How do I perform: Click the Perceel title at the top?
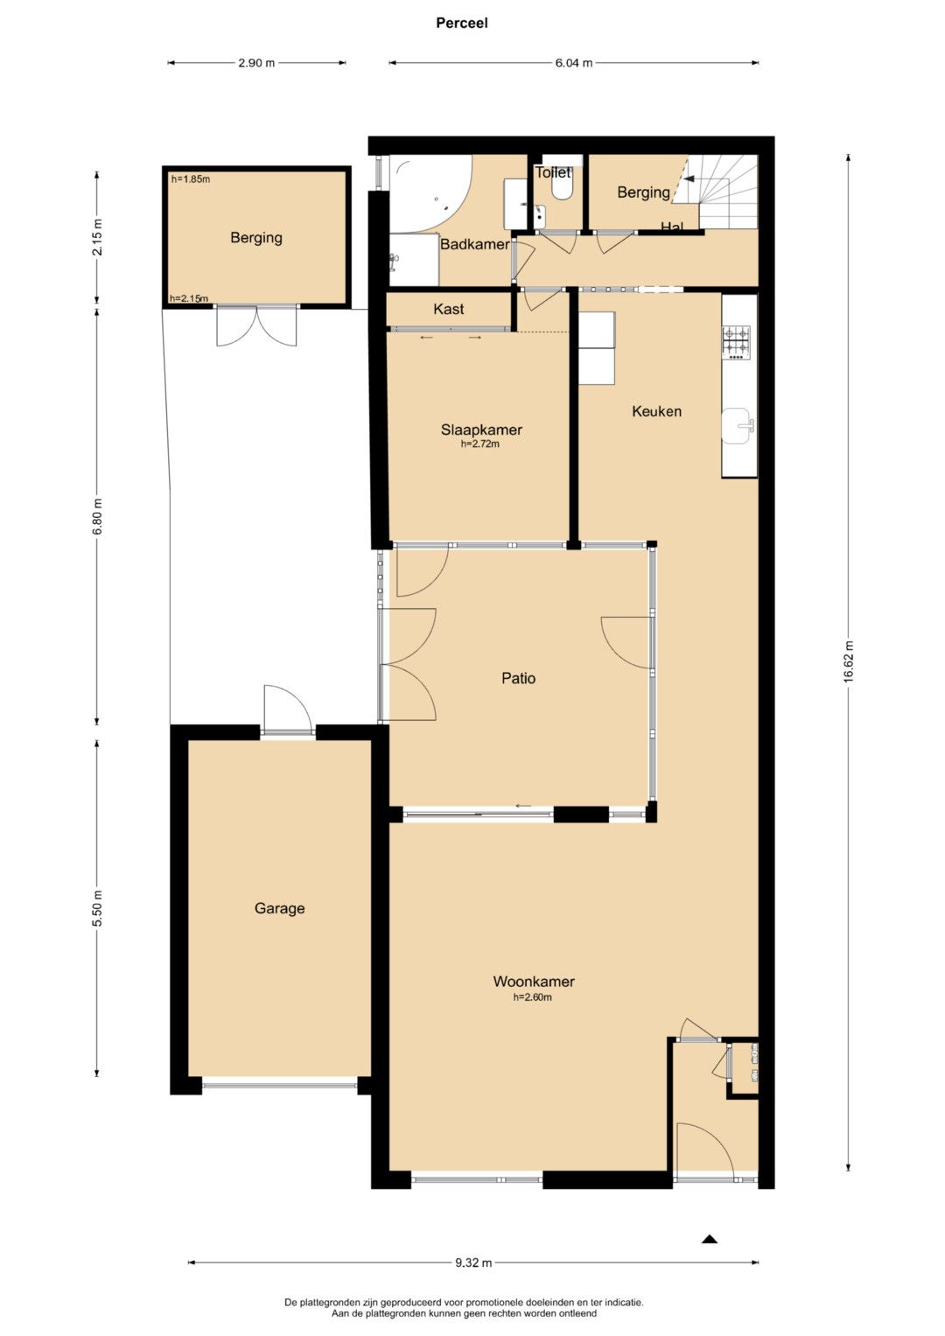point(462,24)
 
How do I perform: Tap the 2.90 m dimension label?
point(256,63)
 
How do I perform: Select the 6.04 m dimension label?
point(574,63)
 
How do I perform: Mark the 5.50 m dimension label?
point(98,908)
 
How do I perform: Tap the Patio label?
point(518,678)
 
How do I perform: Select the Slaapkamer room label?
point(481,430)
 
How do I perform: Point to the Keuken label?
point(656,411)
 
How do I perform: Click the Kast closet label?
point(449,309)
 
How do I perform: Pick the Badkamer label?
point(475,244)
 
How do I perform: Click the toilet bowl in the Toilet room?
point(562,190)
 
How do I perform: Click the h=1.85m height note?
point(191,178)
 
